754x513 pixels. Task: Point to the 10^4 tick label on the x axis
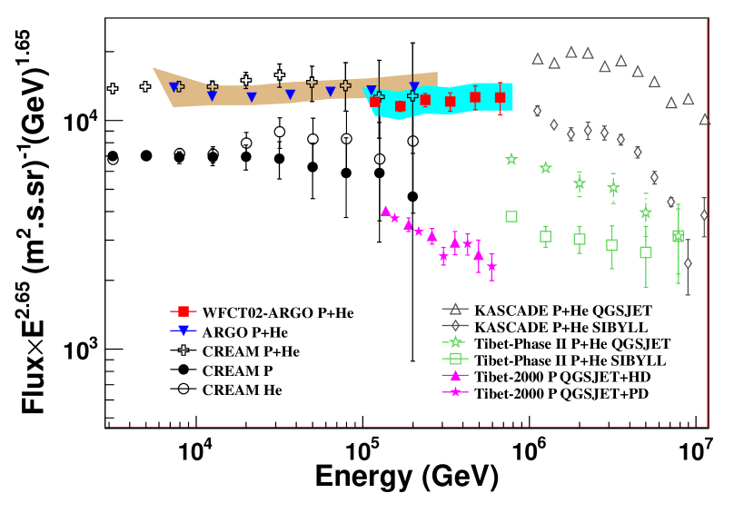[x=196, y=449]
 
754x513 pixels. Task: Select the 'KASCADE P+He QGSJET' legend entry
[x=550, y=311]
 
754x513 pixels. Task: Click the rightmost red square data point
[x=500, y=97]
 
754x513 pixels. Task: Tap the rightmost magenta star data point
[x=491, y=267]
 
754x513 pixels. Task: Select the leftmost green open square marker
[x=511, y=216]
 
